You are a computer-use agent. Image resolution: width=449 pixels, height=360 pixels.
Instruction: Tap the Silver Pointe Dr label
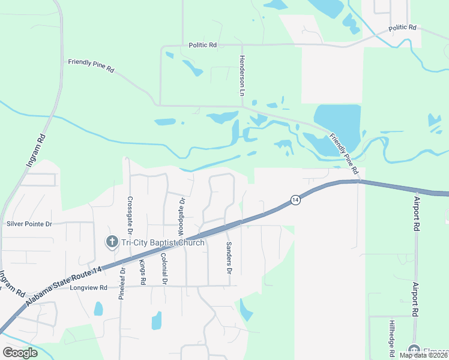(x=29, y=224)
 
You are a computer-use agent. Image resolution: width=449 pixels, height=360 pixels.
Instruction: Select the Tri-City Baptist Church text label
(x=163, y=242)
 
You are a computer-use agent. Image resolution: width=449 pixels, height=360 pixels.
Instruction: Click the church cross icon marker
(x=111, y=242)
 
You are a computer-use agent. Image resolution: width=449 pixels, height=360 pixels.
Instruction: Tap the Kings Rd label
(x=142, y=272)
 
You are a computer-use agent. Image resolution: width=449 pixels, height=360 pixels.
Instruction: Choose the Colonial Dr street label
(x=163, y=268)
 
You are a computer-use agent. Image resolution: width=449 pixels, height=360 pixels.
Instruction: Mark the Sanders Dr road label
(x=229, y=259)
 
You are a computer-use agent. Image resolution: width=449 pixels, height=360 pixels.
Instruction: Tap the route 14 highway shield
(x=295, y=200)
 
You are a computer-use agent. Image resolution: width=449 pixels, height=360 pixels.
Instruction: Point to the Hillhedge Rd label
(x=391, y=336)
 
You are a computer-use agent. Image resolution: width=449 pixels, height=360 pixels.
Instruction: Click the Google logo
(x=20, y=353)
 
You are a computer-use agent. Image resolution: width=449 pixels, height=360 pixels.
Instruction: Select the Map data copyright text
(x=423, y=355)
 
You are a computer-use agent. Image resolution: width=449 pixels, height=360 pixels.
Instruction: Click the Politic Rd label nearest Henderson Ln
(x=202, y=44)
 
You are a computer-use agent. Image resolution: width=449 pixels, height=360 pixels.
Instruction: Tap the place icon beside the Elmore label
(x=414, y=350)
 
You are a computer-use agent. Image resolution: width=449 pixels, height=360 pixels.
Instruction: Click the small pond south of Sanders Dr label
(x=246, y=310)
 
